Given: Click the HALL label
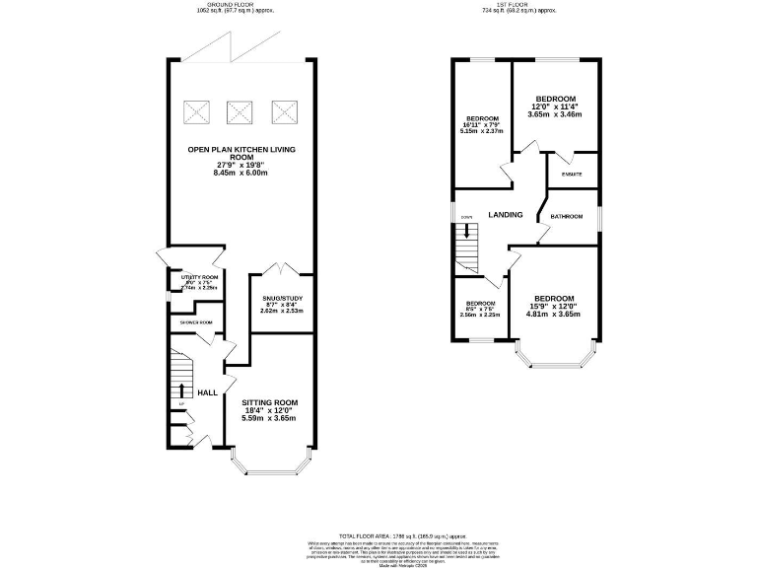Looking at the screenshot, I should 207,392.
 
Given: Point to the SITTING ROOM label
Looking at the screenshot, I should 269,402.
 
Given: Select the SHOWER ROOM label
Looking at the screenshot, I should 195,322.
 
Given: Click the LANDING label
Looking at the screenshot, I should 505,215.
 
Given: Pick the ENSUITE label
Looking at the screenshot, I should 572,175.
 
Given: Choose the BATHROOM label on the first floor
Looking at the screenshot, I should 567,217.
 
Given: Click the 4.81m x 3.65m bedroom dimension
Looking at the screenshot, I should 554,315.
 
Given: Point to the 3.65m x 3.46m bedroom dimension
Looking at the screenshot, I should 555,115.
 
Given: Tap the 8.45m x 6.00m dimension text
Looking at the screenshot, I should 241,173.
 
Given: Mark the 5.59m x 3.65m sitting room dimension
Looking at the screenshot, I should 269,418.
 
